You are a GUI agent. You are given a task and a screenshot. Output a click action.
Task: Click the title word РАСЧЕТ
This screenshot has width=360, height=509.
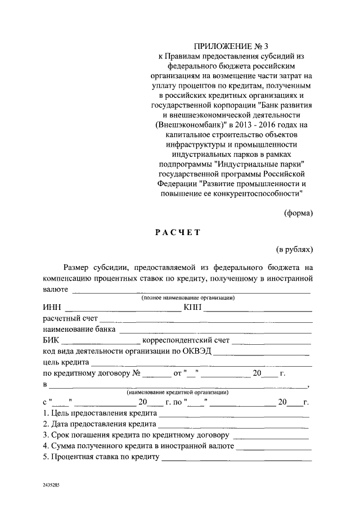coord(178,232)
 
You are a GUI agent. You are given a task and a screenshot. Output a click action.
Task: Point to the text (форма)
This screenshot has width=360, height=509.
coord(298,213)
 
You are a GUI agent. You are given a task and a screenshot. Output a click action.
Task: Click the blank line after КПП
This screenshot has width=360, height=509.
coord(258,308)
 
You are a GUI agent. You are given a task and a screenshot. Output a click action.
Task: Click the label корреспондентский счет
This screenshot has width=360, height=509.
coord(186,340)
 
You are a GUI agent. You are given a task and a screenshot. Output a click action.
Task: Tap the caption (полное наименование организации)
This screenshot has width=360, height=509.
coord(188,298)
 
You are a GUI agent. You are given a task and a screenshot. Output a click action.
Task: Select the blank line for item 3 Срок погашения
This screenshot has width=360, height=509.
coord(270,436)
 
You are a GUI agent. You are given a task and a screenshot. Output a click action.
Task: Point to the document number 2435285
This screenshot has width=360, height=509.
coord(52,484)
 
